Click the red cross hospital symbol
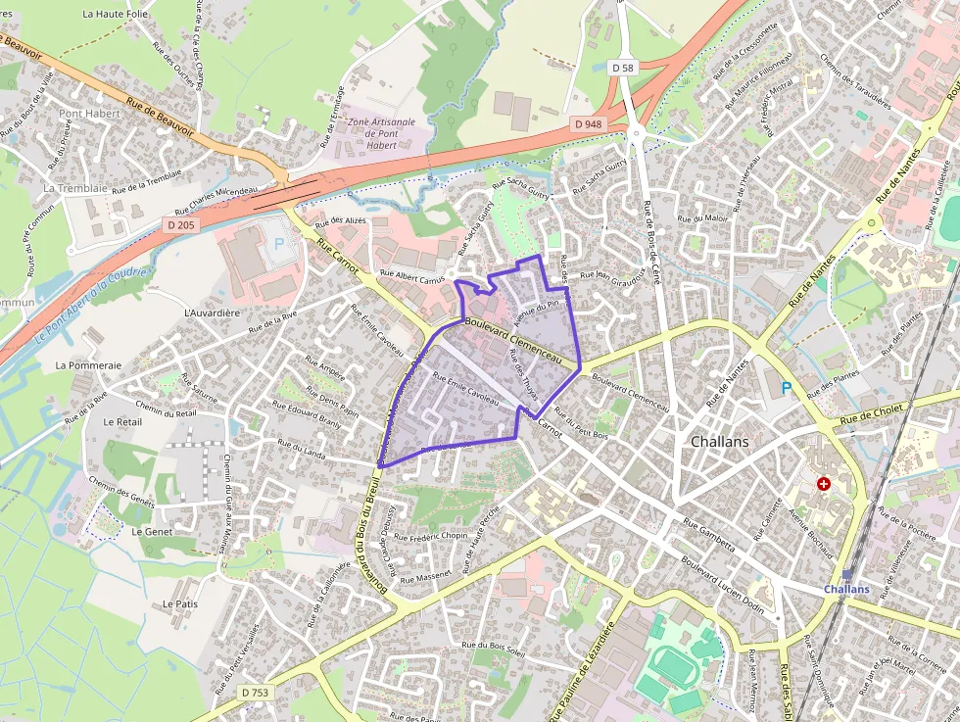click(824, 484)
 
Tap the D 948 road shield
click(587, 123)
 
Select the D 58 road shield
click(622, 68)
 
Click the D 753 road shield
click(255, 693)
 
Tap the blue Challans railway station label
click(846, 589)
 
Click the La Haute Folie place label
click(115, 15)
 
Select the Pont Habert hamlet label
click(89, 114)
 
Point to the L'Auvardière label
click(212, 313)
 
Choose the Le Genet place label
click(152, 531)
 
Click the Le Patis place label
click(180, 603)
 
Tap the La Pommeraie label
click(88, 364)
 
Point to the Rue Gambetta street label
click(708, 535)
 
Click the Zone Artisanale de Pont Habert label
click(382, 133)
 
